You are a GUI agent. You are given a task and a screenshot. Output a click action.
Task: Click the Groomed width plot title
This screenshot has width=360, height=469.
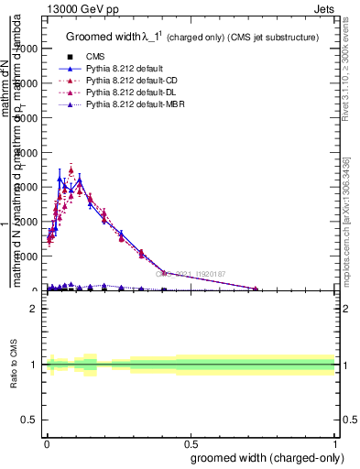click(192, 38)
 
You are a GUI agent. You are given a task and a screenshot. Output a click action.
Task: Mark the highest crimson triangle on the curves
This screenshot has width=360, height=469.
click(71, 170)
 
